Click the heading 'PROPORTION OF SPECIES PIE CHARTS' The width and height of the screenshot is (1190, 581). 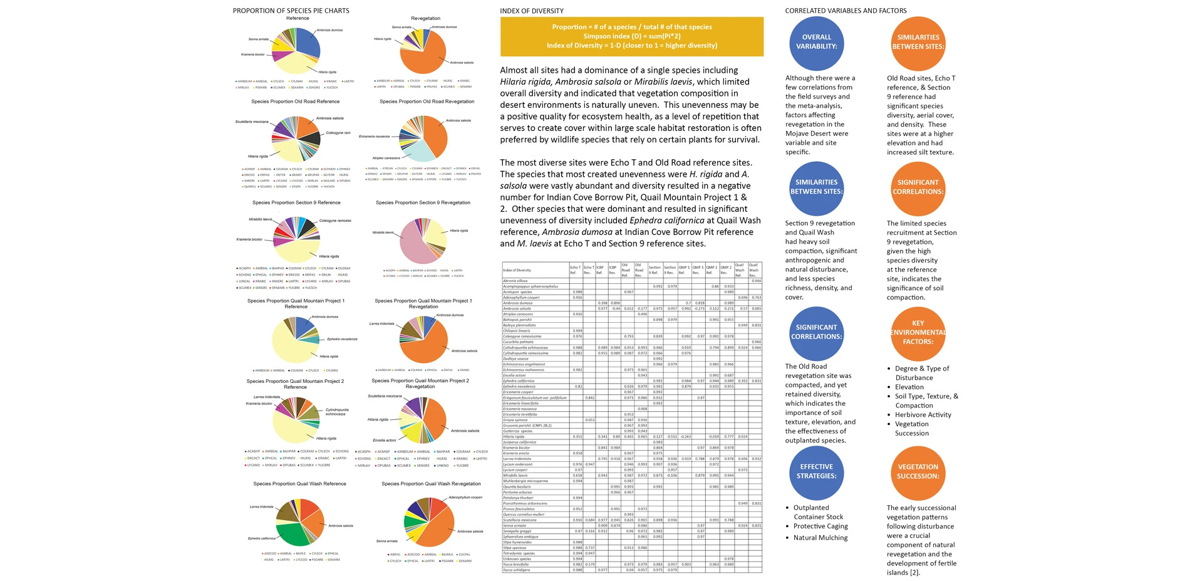tap(291, 11)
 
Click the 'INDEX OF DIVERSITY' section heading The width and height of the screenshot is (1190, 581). tap(531, 11)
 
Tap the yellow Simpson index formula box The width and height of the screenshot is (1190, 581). tap(631, 36)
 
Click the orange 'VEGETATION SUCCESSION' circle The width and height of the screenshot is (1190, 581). tap(918, 472)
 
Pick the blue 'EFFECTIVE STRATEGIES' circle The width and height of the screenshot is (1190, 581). tap(817, 472)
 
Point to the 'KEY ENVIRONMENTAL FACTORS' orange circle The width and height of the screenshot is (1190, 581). tap(918, 333)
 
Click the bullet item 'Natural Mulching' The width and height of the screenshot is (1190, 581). tap(820, 538)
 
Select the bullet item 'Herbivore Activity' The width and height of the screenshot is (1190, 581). tap(923, 415)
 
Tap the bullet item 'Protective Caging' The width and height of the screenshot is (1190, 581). tap(820, 526)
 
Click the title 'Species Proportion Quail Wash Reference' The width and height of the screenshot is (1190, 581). tap(299, 484)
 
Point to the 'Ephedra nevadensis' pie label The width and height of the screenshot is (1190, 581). tap(342, 339)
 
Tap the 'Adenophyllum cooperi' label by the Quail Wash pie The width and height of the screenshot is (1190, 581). tap(465, 498)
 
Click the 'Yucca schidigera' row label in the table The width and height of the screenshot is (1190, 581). tap(517, 570)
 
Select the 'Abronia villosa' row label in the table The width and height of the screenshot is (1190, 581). tap(515, 281)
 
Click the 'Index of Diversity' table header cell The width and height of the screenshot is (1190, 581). tap(517, 270)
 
